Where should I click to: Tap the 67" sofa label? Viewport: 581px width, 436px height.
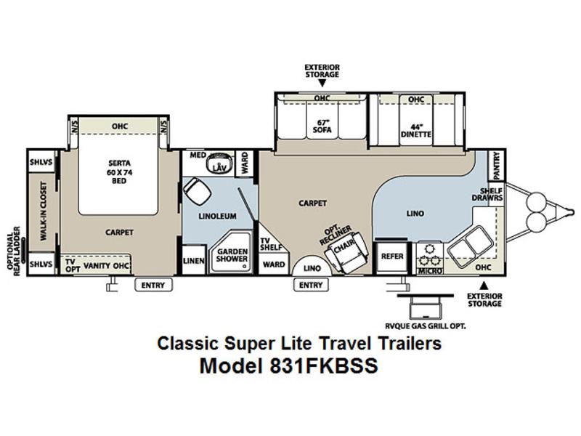pos(322,126)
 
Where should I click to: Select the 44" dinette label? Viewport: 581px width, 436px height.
pos(415,130)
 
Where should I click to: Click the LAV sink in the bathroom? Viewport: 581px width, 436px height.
pos(219,163)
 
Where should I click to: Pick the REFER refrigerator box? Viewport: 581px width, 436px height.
pos(392,257)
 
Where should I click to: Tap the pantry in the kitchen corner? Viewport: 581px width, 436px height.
pos(497,165)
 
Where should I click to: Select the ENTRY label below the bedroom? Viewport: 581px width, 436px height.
pos(153,285)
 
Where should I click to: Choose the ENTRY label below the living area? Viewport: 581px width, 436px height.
pos(311,285)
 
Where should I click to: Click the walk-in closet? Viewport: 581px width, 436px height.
pos(43,211)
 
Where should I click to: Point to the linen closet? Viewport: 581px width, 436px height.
pos(194,260)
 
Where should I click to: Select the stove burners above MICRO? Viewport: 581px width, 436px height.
pos(430,255)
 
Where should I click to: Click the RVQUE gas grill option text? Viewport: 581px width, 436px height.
pos(425,326)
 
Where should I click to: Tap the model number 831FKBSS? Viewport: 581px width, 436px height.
pos(323,366)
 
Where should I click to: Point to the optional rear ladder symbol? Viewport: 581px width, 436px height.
pos(23,251)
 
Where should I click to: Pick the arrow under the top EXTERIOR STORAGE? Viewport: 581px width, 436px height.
pos(322,83)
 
